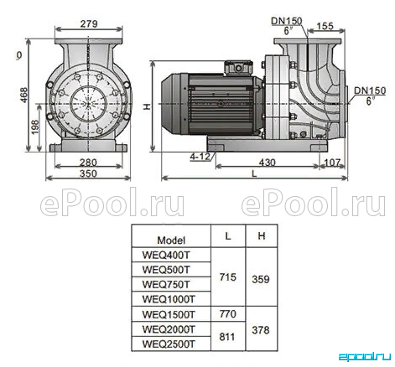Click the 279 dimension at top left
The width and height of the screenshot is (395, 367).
click(x=89, y=23)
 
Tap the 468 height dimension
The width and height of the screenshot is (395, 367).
click(x=24, y=95)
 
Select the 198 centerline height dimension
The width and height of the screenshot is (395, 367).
click(x=35, y=127)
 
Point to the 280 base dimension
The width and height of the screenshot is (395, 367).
click(x=88, y=163)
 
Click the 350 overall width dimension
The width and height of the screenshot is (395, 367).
click(x=88, y=173)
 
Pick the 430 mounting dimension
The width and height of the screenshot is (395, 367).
click(x=267, y=163)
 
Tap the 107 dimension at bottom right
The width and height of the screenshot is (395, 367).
click(x=332, y=163)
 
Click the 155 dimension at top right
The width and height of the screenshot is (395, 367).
click(x=325, y=26)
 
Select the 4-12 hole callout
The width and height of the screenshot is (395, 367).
click(x=200, y=157)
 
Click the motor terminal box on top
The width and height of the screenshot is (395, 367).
click(x=239, y=67)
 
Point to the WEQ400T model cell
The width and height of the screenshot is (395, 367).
click(x=166, y=255)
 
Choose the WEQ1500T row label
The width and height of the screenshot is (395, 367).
click(x=169, y=314)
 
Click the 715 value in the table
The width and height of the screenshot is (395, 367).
click(x=228, y=277)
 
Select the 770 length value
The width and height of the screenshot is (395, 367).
click(x=228, y=313)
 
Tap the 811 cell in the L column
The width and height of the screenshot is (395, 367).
click(x=226, y=337)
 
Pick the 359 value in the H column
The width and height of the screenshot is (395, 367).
click(x=261, y=279)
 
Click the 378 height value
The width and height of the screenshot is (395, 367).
click(x=261, y=330)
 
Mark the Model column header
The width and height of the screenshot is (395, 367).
click(x=171, y=240)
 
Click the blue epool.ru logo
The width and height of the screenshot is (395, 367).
click(x=365, y=357)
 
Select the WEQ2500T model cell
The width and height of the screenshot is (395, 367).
click(x=169, y=344)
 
